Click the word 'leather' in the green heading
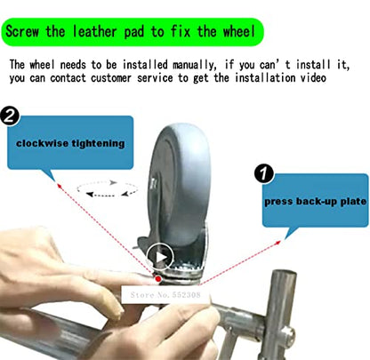pos(95,31)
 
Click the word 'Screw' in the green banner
pos(22,31)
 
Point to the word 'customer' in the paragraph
pos(111,78)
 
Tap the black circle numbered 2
pos(10,116)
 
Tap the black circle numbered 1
pos(264,173)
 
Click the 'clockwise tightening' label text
pos(70,143)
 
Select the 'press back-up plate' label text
pos(316,202)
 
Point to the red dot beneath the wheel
pos(158,279)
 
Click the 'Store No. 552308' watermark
pos(165,295)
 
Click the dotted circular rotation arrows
pos(108,188)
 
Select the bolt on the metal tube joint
pos(287,334)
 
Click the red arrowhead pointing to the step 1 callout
pos(277,243)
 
